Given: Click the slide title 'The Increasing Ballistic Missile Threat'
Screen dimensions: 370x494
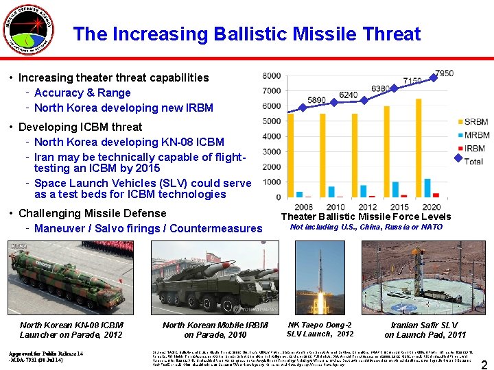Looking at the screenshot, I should pos(247,34).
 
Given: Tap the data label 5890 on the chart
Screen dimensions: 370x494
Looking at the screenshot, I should pos(316,100).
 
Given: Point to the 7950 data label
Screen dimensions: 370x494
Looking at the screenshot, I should pos(443,73).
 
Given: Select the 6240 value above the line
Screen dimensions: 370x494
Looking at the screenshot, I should pos(348,95).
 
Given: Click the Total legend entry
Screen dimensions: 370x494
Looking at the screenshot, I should pos(471,161).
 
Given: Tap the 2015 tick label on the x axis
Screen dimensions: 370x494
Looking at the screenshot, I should pos(399,207).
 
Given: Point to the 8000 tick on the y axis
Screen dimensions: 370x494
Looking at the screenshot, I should pos(271,75).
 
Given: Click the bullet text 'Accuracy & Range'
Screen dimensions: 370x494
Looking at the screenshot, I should pos(82,92).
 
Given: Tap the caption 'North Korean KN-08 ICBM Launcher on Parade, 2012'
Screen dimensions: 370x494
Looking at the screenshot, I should pos(71,330).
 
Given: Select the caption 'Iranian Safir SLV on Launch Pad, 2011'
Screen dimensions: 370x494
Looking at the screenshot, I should pos(425,330).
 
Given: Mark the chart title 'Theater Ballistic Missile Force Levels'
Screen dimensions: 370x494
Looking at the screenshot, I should pos(366,217).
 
